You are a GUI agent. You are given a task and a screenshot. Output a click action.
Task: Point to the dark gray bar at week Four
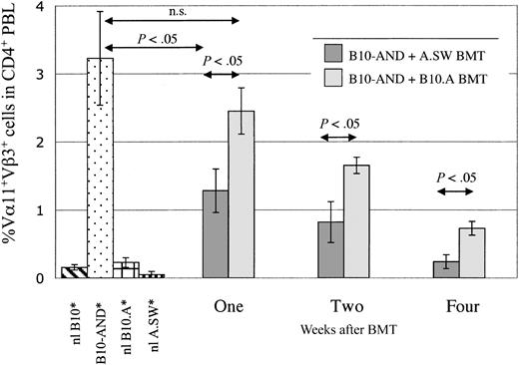click(449, 269)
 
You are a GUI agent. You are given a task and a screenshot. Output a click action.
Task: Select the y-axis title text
click(13, 140)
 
